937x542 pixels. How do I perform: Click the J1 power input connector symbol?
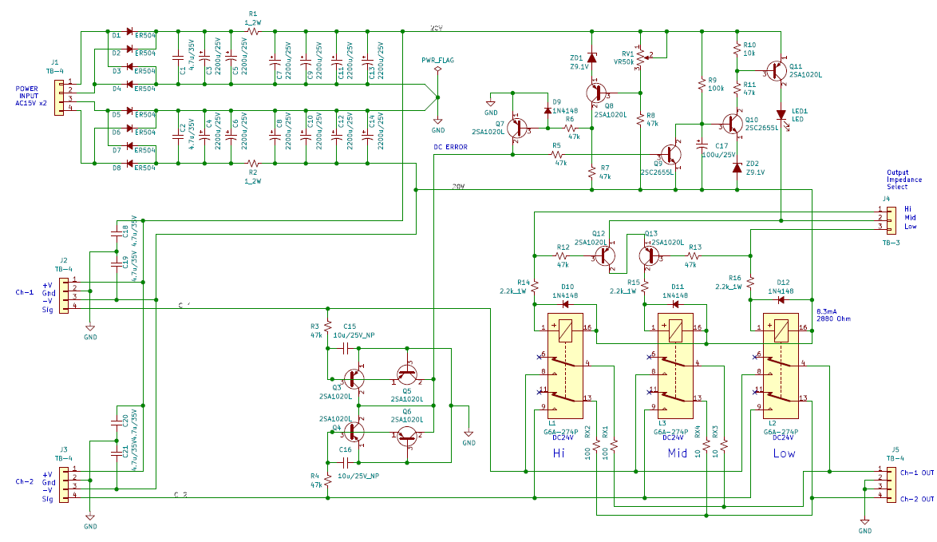pos(59,95)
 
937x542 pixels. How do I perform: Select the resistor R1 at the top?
pos(254,31)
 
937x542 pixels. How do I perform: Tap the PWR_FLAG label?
pos(438,60)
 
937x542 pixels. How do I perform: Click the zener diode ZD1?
pos(591,57)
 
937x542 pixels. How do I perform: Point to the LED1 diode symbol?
pos(781,115)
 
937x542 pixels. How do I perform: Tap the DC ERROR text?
pos(450,148)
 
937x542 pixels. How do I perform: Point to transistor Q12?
pos(605,256)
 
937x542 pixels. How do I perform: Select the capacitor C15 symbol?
pos(346,348)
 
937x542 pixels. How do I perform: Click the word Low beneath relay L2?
pos(784,453)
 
